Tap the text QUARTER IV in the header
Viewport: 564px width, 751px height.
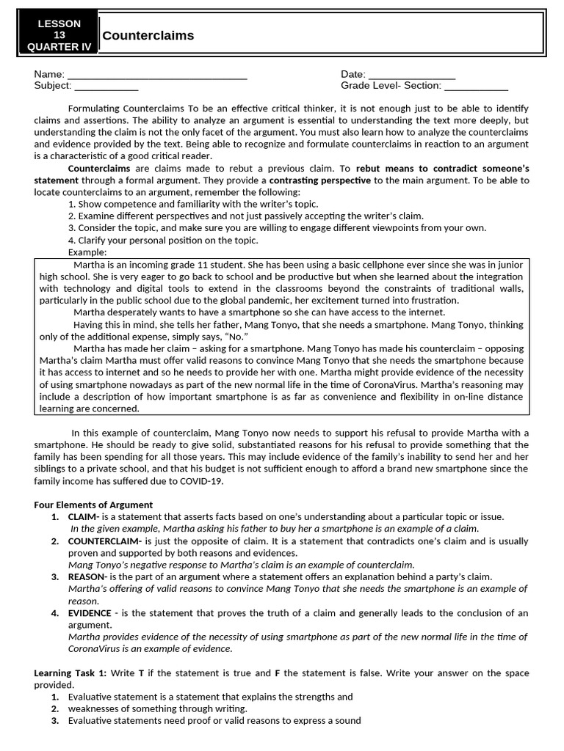59,46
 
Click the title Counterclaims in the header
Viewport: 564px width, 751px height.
148,35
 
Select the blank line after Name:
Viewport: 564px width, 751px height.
157,75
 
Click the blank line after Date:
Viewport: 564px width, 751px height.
411,75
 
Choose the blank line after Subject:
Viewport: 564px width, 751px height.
106,86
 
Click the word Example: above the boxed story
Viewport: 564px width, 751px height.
87,252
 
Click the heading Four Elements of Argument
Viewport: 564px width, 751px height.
93,505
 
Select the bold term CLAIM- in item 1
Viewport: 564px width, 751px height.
84,516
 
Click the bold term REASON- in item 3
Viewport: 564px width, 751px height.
87,576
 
